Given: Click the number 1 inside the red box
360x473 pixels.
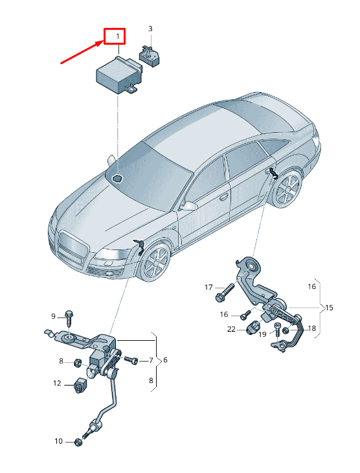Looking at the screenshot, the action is click(x=118, y=36).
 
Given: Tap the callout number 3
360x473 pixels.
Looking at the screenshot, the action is click(x=150, y=29).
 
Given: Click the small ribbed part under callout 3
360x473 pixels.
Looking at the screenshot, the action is click(x=150, y=56).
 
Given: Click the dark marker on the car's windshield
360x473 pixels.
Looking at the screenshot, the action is click(x=117, y=179).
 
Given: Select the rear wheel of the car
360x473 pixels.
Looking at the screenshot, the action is click(x=287, y=189).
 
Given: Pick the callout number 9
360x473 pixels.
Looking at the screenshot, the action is click(x=53, y=316).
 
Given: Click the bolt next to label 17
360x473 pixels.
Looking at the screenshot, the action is click(x=225, y=292).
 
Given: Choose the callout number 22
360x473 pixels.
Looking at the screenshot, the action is click(x=231, y=329).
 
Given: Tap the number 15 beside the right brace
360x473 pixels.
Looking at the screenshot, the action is click(x=329, y=308).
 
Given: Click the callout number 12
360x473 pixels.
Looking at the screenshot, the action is click(x=57, y=383).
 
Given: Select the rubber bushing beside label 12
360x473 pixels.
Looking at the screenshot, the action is click(x=80, y=386).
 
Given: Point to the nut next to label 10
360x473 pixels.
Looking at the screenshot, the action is click(x=78, y=443).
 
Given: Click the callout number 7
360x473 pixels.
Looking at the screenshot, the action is click(x=151, y=360).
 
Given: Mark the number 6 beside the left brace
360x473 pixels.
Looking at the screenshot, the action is click(x=165, y=360).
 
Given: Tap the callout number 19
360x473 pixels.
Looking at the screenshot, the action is click(x=262, y=334).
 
